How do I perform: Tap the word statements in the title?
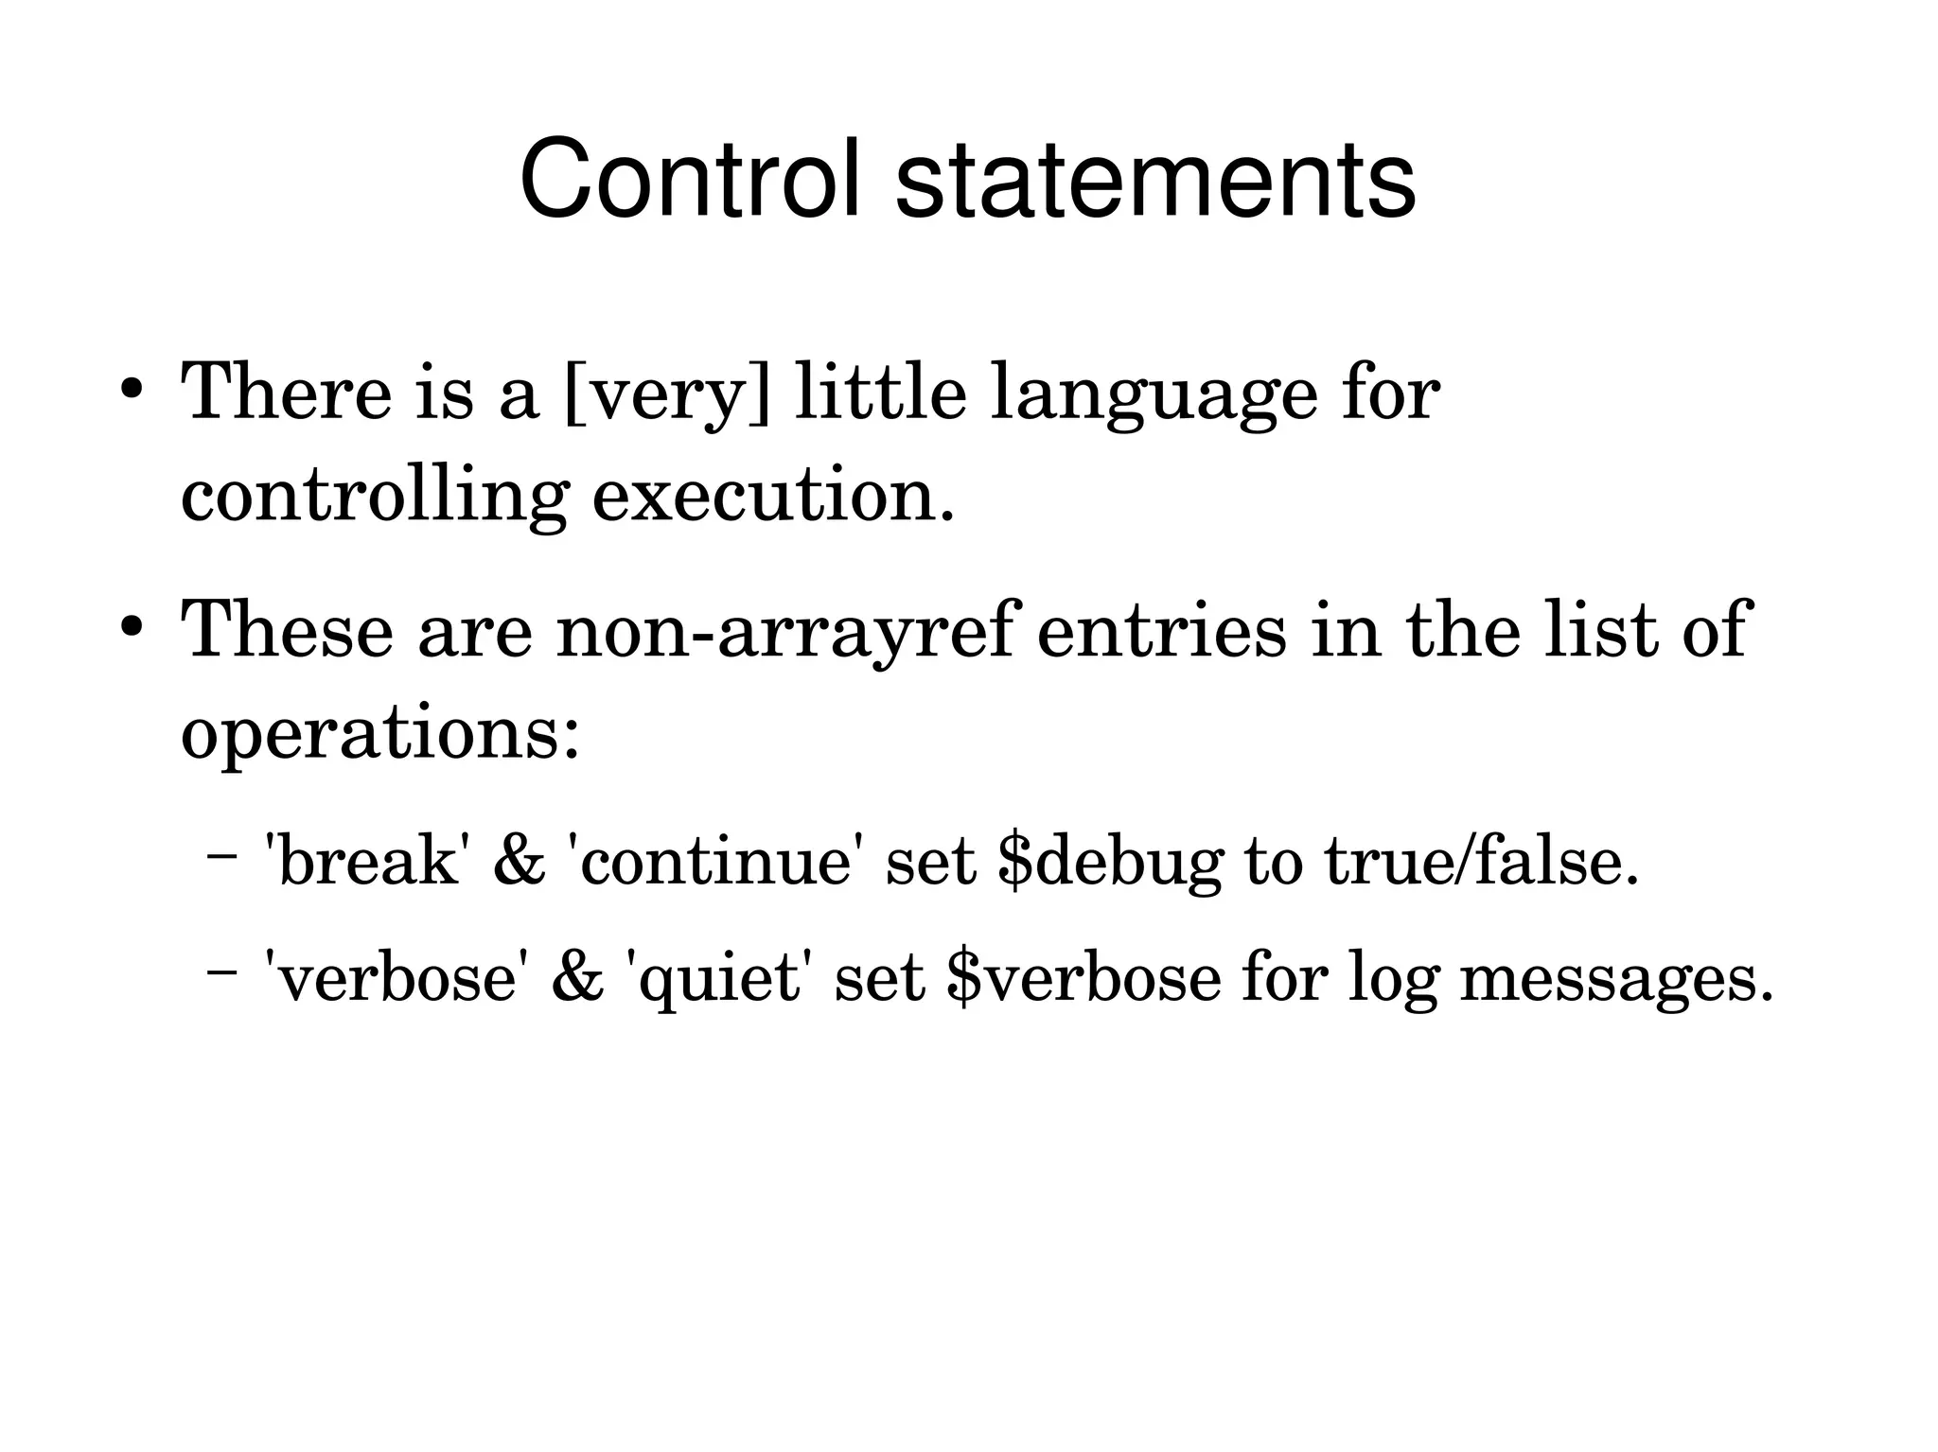click(1154, 179)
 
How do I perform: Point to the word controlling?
click(375, 498)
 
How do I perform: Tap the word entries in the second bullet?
click(1161, 630)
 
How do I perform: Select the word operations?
click(379, 736)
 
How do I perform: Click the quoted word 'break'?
click(368, 862)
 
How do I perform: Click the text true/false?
click(1481, 862)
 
